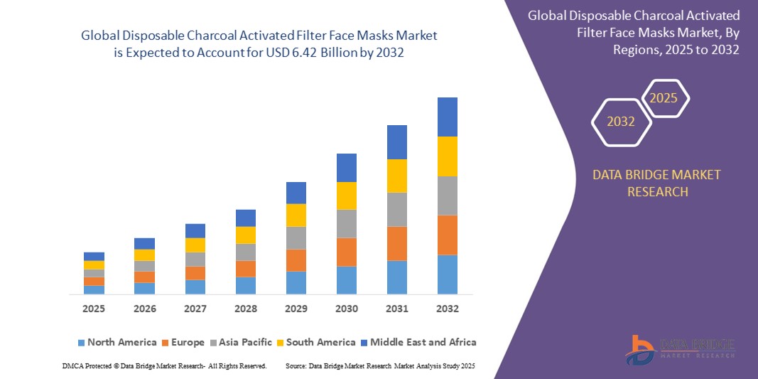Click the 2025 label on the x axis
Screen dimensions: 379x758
tap(94, 309)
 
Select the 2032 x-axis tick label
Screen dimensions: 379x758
tap(448, 309)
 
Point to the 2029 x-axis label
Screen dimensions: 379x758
tap(296, 309)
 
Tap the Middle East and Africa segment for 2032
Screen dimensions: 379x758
tap(448, 117)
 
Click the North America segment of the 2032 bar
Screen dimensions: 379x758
tap(448, 274)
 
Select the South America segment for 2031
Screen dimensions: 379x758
tap(397, 176)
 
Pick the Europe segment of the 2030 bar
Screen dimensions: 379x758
tap(347, 252)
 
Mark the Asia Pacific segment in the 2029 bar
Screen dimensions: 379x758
tap(296, 237)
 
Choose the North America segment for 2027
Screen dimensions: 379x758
tap(195, 287)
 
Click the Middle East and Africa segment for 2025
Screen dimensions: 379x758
tap(94, 256)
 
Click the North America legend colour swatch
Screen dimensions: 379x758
tap(81, 343)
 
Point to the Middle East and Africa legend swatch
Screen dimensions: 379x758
tap(364, 343)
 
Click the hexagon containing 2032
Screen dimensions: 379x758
tap(621, 122)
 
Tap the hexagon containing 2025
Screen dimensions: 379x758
tap(664, 98)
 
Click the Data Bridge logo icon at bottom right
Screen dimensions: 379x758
tap(641, 349)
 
